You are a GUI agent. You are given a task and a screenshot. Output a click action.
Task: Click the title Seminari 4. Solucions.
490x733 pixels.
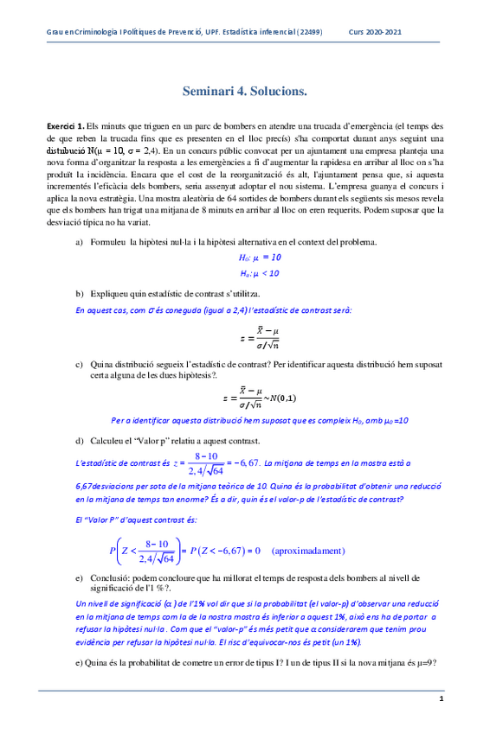[x=245, y=91]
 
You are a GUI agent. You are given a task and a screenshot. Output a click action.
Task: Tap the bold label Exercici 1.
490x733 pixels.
[x=66, y=126]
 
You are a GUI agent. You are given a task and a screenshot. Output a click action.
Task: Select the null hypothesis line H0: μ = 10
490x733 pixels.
[x=261, y=257]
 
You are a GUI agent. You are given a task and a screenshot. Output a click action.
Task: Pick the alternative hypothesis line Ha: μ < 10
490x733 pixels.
[x=261, y=273]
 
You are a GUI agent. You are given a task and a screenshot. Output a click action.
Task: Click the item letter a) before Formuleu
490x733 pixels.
[x=81, y=241]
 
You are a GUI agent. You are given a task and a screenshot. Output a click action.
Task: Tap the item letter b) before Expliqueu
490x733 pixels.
[x=81, y=294]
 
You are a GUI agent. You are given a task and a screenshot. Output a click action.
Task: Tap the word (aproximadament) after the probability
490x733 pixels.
[x=308, y=550]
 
